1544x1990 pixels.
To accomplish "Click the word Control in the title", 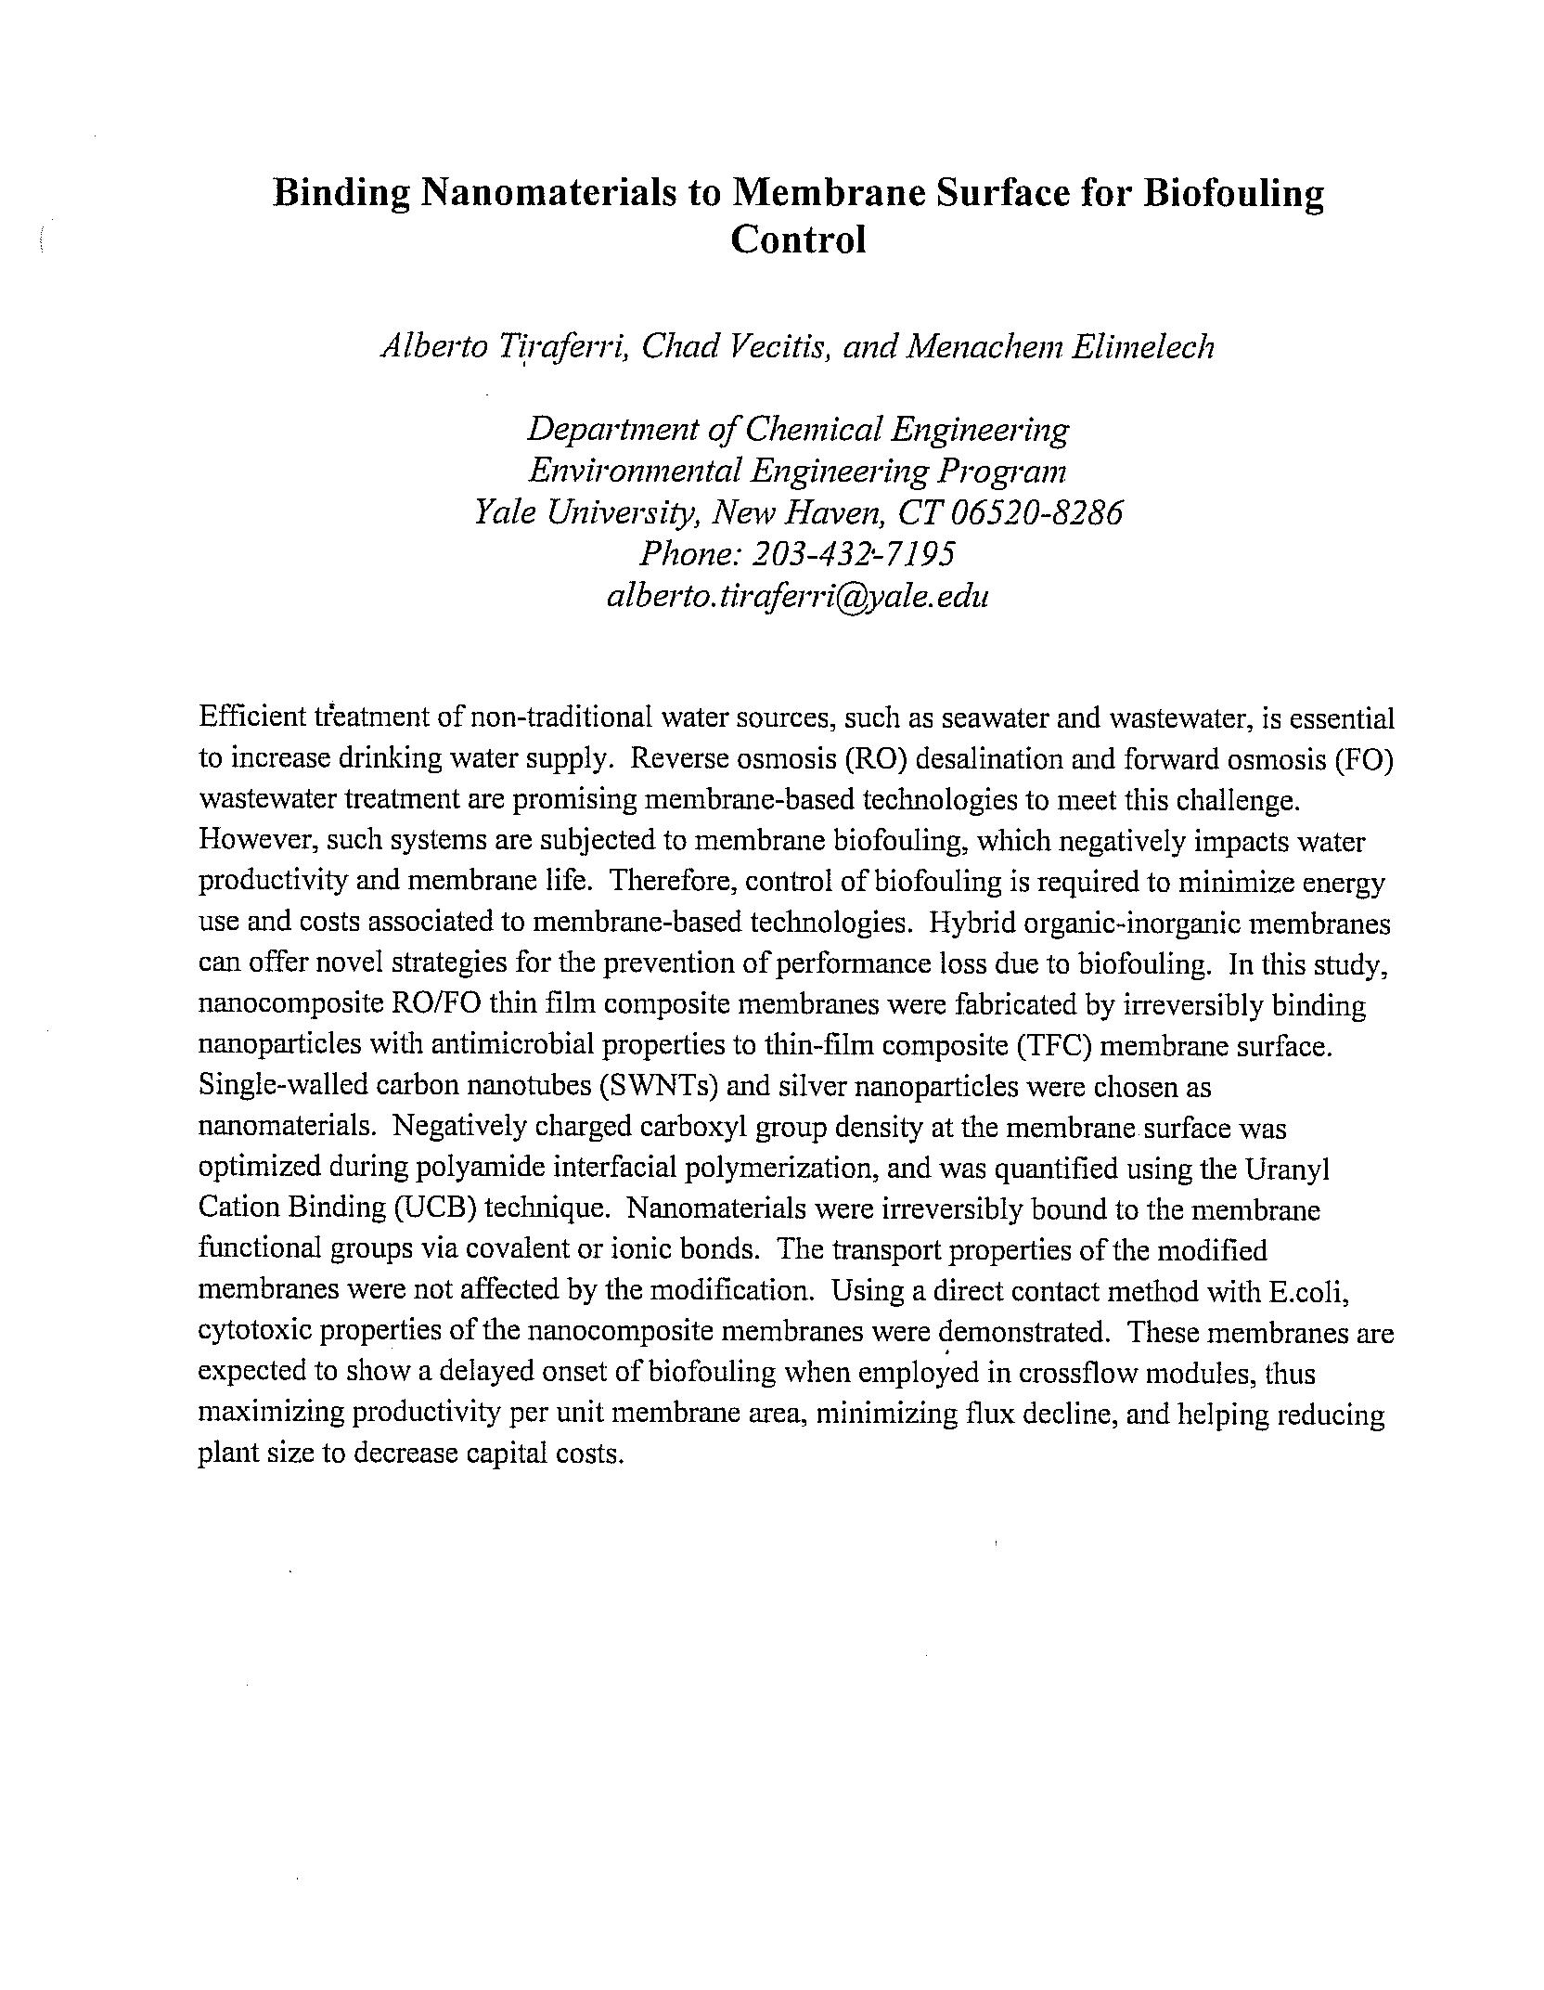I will pos(797,239).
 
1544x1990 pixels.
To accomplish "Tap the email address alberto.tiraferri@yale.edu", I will pos(797,595).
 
